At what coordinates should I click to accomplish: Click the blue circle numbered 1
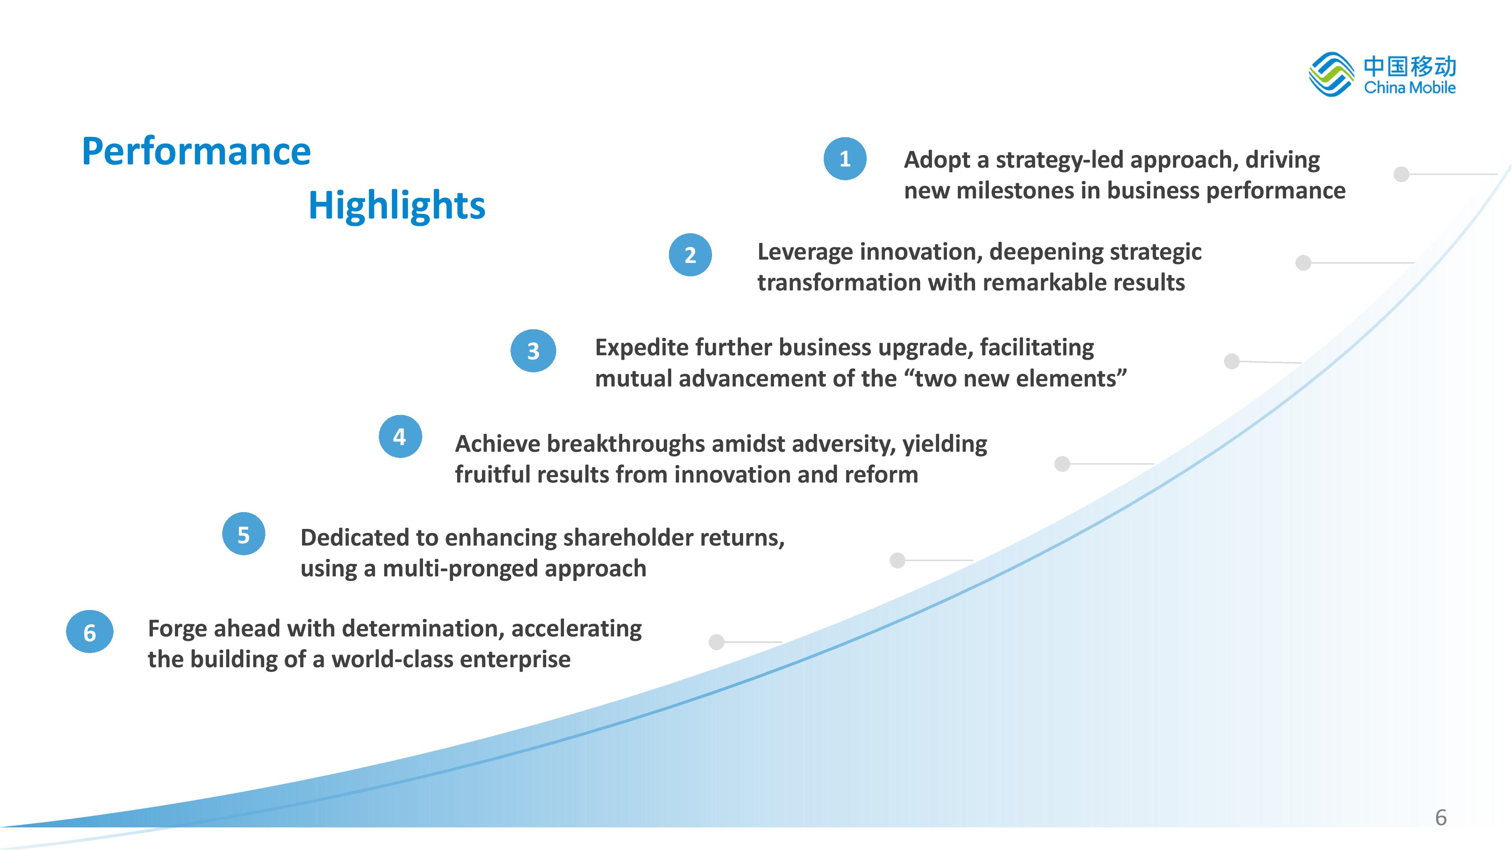pyautogui.click(x=844, y=158)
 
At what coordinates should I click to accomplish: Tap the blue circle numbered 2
pyautogui.click(x=690, y=254)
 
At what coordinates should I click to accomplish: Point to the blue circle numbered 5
pyautogui.click(x=243, y=534)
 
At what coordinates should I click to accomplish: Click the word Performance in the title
pyautogui.click(x=196, y=151)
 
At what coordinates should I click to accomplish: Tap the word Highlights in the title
pyautogui.click(x=397, y=206)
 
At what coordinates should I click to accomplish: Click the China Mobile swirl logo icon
pyautogui.click(x=1331, y=75)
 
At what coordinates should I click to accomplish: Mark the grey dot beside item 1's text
pyautogui.click(x=1401, y=174)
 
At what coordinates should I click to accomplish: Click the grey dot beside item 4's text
pyautogui.click(x=1062, y=464)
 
